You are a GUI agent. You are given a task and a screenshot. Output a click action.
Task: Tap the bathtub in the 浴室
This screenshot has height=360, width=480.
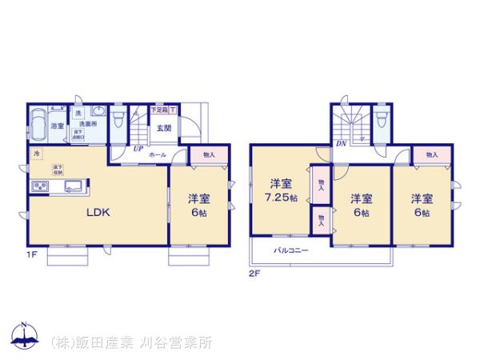point(38,125)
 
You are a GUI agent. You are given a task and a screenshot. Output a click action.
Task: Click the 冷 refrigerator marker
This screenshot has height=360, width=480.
point(37,152)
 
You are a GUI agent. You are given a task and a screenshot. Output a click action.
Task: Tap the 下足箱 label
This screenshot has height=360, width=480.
point(160,109)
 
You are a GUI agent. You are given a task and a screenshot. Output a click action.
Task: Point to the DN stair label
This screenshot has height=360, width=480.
point(341,144)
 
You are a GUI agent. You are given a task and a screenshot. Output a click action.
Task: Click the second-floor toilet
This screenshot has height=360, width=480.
point(380,120)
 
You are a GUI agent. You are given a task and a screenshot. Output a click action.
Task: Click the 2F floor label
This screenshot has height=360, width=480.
point(254,274)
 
